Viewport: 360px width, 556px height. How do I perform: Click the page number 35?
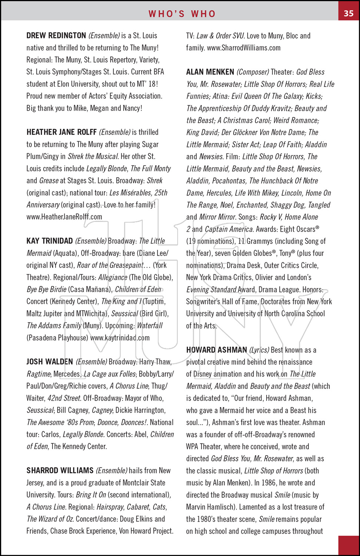tap(349, 13)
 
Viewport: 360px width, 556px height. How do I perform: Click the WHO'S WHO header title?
tap(182, 14)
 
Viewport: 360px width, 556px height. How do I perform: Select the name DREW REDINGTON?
tap(56, 36)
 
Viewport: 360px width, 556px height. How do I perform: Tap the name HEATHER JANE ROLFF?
tap(62, 132)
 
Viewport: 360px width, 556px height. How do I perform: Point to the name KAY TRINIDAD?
tap(49, 241)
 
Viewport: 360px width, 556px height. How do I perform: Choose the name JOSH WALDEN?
tap(50, 362)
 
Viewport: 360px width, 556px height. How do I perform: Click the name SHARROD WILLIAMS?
tap(60, 470)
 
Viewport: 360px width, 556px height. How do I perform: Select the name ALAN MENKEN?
tap(210, 72)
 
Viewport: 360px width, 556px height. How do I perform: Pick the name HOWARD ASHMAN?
tap(217, 350)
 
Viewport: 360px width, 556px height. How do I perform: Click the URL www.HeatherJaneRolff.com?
tap(64, 217)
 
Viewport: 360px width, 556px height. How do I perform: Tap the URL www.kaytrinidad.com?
tap(120, 338)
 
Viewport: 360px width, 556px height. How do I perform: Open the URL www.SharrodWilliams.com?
tap(244, 48)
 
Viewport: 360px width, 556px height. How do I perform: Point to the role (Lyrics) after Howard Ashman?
tap(259, 350)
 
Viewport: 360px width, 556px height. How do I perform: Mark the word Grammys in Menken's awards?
tap(260, 241)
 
